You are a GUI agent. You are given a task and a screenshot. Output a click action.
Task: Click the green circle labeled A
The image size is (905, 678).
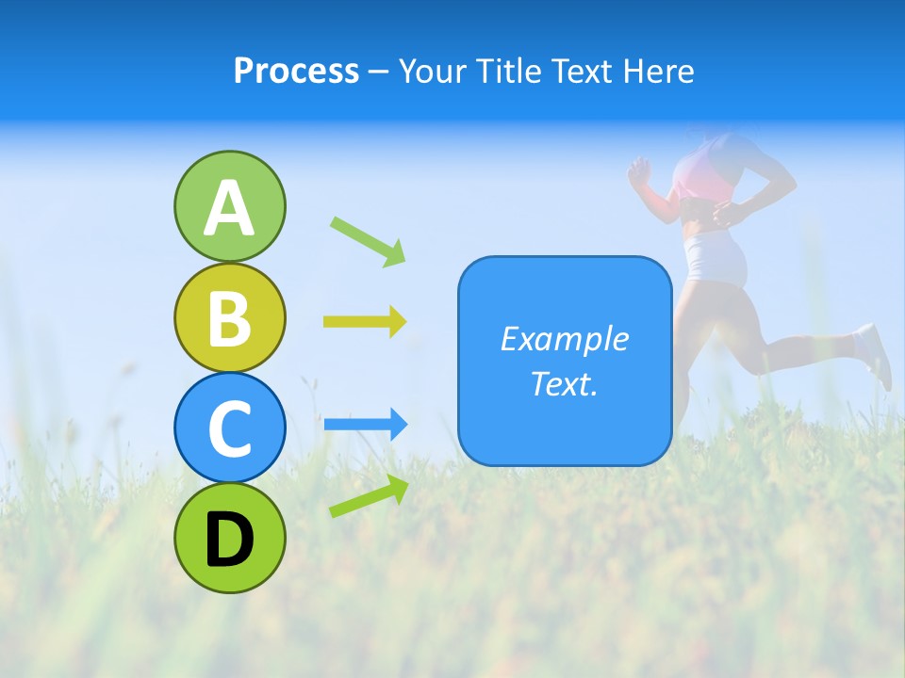pos(229,206)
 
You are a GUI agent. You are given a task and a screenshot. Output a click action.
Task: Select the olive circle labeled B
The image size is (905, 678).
pos(229,317)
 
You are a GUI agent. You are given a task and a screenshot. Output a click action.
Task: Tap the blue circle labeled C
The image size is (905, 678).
pos(229,428)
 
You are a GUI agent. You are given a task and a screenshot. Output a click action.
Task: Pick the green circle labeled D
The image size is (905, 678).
pos(229,538)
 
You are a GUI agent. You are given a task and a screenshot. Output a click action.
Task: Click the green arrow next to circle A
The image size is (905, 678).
pos(369,240)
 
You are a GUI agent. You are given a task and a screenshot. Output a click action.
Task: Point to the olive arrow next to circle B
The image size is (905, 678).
pos(365,322)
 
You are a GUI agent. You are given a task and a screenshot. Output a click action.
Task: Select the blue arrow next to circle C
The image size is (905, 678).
pos(366,425)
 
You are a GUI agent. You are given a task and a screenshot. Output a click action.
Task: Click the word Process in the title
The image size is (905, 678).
pos(296,71)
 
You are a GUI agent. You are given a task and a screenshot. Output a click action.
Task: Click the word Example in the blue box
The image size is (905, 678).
pos(565,339)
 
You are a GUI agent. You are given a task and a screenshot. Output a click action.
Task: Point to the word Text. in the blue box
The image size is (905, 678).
pos(565,383)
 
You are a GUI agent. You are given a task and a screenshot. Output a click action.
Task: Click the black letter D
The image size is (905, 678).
pos(229,540)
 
